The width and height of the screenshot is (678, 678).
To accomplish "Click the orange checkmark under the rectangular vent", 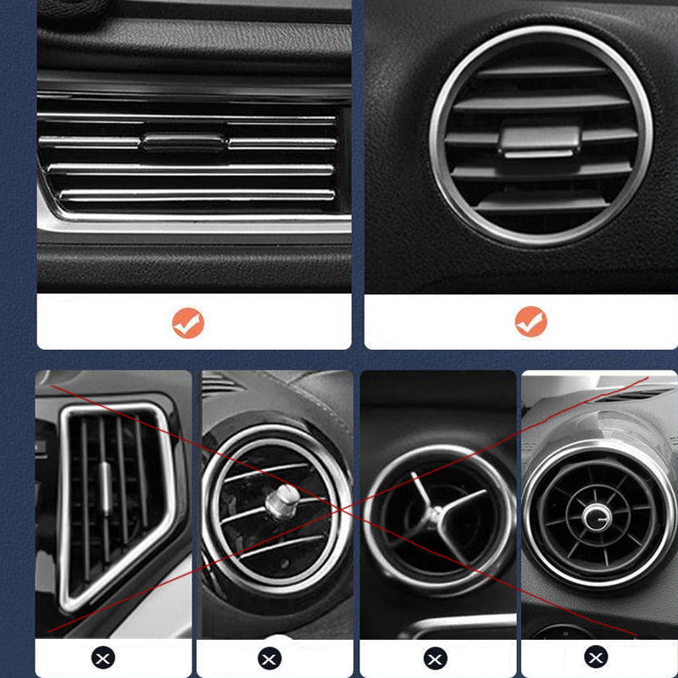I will point(188,322).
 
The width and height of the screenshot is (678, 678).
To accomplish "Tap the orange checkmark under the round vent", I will point(531,322).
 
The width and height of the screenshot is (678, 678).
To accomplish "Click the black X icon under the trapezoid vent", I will point(103,657).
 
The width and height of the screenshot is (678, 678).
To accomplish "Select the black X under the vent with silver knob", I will point(270,658).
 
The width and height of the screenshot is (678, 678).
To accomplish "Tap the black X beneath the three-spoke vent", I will point(436,658).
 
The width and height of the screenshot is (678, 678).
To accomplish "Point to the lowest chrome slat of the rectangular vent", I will point(195,197).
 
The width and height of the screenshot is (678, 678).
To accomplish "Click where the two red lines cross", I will point(343,510).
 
